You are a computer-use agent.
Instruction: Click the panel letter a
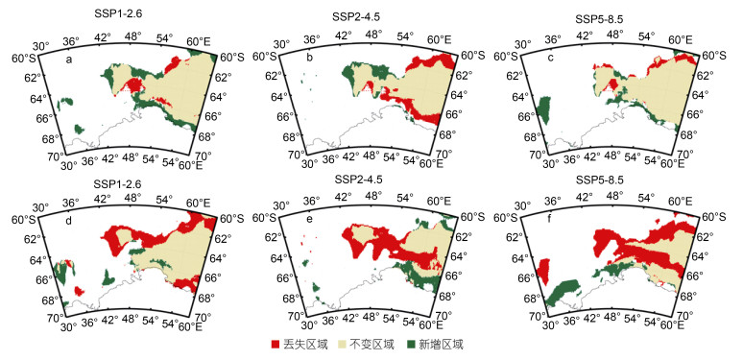69,60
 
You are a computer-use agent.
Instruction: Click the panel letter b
309,60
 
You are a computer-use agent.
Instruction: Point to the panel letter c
550,60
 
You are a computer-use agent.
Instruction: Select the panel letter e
309,222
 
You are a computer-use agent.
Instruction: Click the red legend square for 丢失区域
275,344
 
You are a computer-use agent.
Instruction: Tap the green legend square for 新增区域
411,344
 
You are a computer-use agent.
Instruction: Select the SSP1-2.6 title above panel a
118,13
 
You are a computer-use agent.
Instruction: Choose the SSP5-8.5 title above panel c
599,19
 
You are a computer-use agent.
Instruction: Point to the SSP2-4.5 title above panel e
358,180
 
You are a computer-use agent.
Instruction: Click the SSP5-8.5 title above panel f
599,180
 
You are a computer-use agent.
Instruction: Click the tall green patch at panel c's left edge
544,110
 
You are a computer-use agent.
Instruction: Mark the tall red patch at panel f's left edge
543,271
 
